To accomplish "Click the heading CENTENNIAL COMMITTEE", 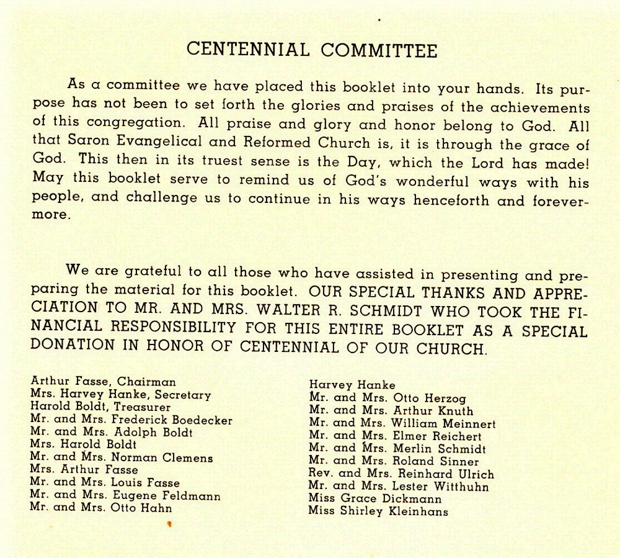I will [x=312, y=50].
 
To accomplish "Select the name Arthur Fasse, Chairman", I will [x=103, y=382].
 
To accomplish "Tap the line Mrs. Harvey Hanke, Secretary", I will [x=120, y=395].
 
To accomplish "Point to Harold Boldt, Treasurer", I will [x=100, y=407].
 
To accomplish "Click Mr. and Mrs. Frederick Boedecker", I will [x=131, y=420].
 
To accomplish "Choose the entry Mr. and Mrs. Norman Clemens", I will [x=122, y=458].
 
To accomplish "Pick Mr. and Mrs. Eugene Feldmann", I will [x=125, y=495].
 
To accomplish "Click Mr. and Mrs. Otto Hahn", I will [x=101, y=508].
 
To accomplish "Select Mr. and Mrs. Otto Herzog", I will [x=387, y=398].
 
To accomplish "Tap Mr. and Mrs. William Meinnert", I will [x=402, y=424].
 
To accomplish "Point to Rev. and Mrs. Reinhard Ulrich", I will [x=401, y=474].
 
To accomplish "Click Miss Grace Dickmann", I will [x=374, y=499].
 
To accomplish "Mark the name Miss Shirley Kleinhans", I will [x=378, y=511].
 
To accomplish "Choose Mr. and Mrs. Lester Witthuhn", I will [x=398, y=487].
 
